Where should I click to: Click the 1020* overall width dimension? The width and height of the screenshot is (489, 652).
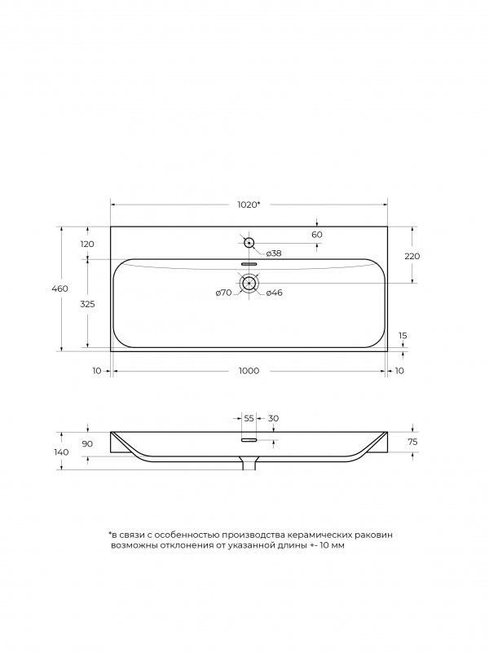[x=249, y=205]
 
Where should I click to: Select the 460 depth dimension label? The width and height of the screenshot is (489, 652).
[x=59, y=289]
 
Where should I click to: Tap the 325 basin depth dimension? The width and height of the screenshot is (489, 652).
[x=87, y=304]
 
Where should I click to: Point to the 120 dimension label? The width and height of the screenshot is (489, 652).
[x=87, y=244]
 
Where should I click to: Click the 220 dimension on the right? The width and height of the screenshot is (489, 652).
[x=412, y=256]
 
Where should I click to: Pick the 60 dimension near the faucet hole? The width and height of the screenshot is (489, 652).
[x=317, y=235]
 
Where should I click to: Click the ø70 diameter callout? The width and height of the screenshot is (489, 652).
[x=223, y=293]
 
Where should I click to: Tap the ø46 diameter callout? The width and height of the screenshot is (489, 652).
[x=274, y=293]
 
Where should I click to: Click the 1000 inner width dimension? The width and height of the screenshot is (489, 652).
[x=249, y=371]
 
